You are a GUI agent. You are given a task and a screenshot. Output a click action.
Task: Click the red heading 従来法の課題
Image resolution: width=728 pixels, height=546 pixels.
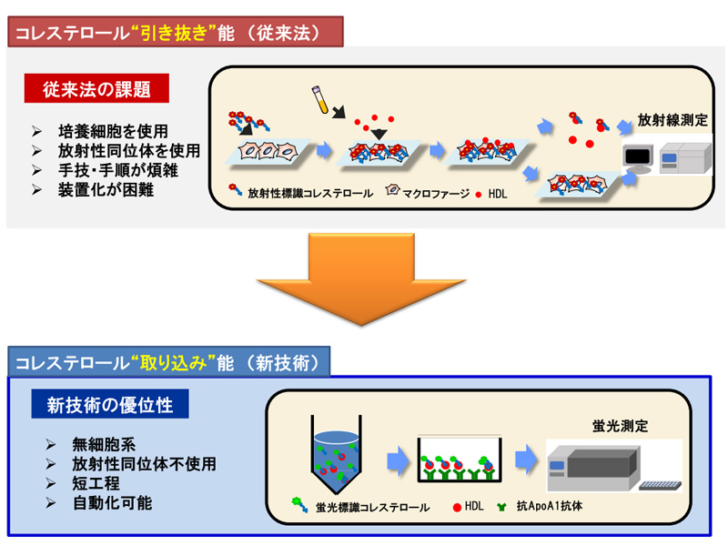tap(96, 89)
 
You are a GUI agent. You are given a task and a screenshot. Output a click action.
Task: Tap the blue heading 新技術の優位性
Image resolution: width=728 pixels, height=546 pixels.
tap(110, 403)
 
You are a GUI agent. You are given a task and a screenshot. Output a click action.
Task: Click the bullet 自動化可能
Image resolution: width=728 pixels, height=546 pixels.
tap(112, 502)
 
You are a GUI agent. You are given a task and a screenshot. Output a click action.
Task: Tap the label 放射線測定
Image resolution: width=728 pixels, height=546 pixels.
tap(672, 119)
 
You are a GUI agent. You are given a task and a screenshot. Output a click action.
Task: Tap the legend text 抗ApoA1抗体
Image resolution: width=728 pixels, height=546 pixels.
tap(552, 507)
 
